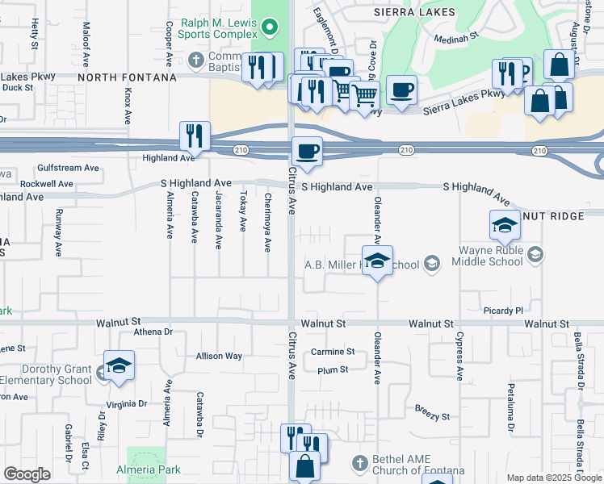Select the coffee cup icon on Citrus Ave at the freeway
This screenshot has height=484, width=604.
[x=306, y=150]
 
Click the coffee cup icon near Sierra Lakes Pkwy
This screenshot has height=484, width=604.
[x=401, y=90]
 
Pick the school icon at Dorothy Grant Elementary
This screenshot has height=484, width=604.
[x=119, y=367]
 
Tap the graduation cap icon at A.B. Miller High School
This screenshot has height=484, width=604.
[x=377, y=261]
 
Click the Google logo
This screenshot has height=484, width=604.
[x=27, y=474]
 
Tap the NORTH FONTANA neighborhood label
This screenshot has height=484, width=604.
[x=127, y=77]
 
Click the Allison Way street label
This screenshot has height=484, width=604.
[x=219, y=356]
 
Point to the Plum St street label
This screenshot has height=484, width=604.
[x=332, y=369]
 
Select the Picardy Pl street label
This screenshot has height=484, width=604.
[x=505, y=311]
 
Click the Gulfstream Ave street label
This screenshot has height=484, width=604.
[x=68, y=169]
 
